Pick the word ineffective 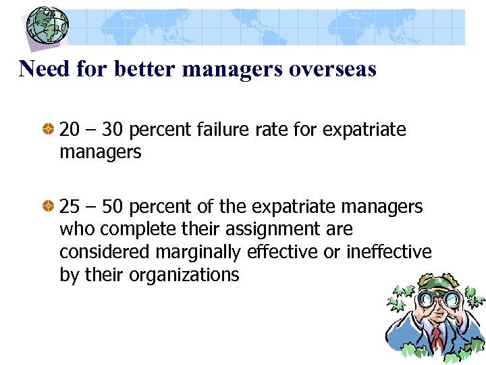click(389, 252)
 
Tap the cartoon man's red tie click(437, 338)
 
